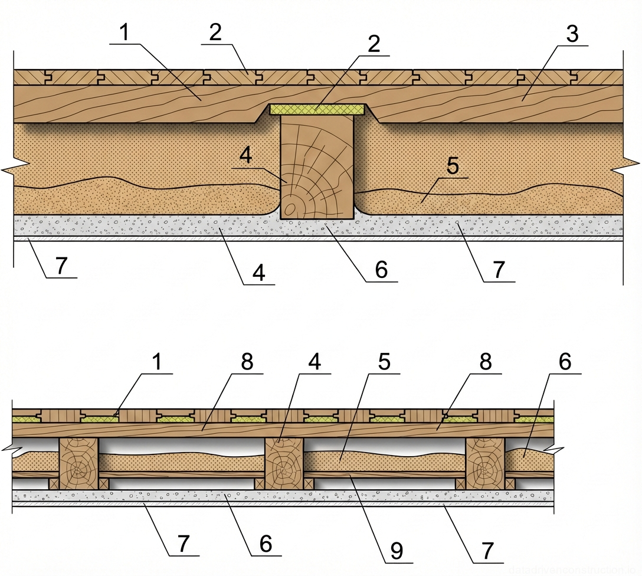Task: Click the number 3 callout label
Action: [571, 34]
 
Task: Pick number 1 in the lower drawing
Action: [157, 362]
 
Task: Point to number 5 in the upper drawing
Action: [452, 166]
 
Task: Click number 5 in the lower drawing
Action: [384, 362]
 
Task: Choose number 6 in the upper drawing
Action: [381, 270]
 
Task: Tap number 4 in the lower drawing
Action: [315, 362]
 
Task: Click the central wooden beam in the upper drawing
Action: [317, 168]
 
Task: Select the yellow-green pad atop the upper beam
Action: [317, 109]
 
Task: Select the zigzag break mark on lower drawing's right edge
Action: [555, 450]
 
